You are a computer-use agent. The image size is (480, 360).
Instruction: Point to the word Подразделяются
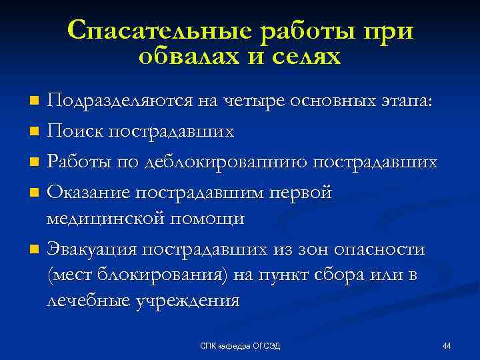click(x=119, y=101)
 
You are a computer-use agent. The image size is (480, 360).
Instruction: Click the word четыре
click(x=246, y=101)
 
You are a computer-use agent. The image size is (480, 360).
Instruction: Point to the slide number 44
click(x=447, y=345)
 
